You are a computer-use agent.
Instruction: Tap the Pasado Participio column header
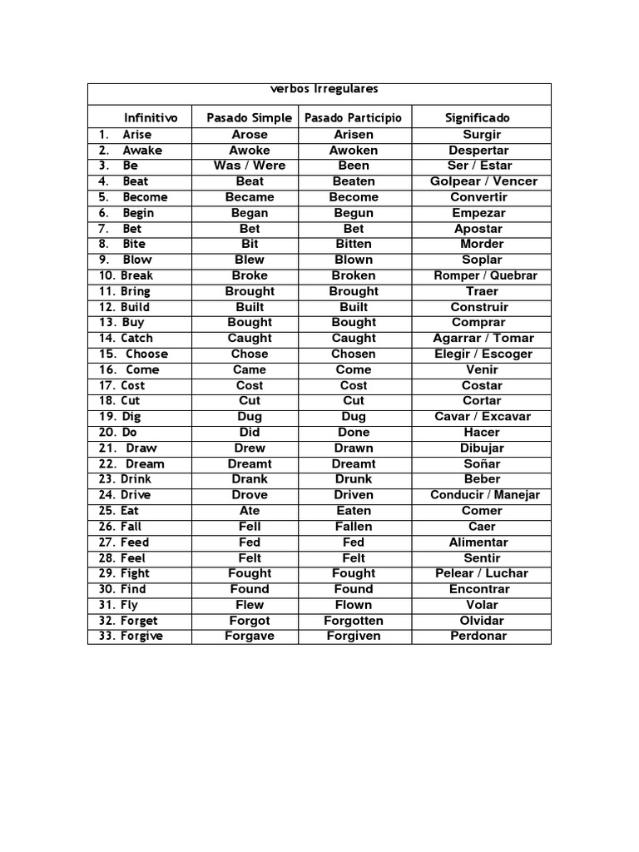[353, 118]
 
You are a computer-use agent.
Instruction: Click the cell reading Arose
[250, 135]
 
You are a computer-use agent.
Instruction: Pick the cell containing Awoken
[354, 151]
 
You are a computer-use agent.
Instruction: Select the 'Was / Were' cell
[250, 166]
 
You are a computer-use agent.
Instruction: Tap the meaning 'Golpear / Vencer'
[483, 181]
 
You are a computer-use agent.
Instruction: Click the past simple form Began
[250, 213]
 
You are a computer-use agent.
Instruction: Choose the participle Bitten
[354, 245]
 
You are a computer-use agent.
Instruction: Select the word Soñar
[483, 464]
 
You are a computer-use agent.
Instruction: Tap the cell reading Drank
[250, 479]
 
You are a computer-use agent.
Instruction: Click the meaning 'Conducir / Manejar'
[485, 495]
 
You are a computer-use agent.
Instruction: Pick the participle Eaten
[354, 511]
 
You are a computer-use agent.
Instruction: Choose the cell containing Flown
[354, 605]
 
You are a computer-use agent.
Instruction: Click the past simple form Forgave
[250, 637]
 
